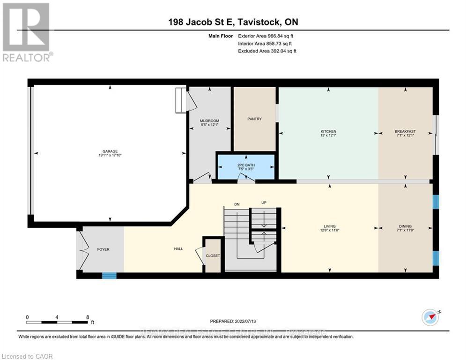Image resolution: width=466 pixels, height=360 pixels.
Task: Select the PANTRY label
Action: coord(254,119)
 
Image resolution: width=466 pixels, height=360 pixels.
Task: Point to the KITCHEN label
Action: coord(328,131)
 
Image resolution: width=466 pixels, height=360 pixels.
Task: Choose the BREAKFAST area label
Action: coord(405,131)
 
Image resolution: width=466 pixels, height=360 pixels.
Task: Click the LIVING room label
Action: coord(328,226)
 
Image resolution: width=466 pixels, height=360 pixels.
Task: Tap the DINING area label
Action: coord(405,226)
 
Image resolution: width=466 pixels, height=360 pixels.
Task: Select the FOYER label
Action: coord(103,249)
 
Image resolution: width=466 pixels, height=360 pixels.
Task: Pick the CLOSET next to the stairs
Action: coord(213,256)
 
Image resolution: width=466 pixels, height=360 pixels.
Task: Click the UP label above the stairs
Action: coord(264,202)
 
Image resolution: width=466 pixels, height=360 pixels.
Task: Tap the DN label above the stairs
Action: coord(237,204)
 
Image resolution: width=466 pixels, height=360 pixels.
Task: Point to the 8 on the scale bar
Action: coord(88,317)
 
